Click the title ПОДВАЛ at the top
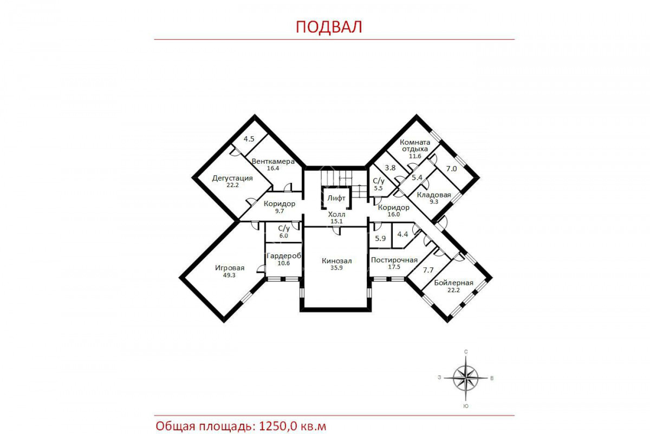coord(329,27)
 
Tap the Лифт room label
coord(336,198)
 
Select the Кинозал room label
coord(336,261)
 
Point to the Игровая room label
coord(230,268)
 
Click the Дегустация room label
coord(232,178)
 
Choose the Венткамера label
coord(273,162)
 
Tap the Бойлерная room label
coord(453,283)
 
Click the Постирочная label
coord(394,260)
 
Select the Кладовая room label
coord(434,195)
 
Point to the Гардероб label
coord(284,256)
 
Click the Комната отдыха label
coord(415,145)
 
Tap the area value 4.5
coord(249,139)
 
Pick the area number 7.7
coord(428,270)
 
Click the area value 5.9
coord(380,239)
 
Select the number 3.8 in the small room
coord(391,168)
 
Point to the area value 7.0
coord(451,169)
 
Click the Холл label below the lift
coord(336,214)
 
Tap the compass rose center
coord(466,378)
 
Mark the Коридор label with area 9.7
coord(279,204)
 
